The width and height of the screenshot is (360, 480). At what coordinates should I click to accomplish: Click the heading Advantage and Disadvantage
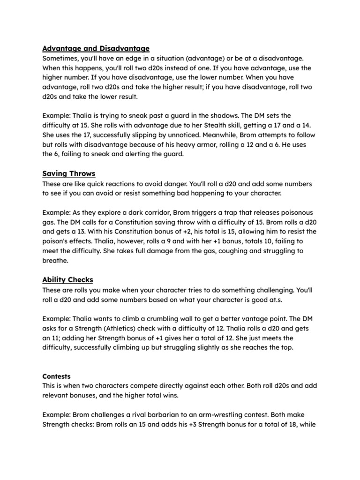pos(96,48)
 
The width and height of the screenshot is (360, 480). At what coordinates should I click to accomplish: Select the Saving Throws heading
pos(68,174)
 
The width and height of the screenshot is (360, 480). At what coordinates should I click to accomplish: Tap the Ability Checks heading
pos(67,280)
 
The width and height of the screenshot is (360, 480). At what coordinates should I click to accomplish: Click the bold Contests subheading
pos(56,376)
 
